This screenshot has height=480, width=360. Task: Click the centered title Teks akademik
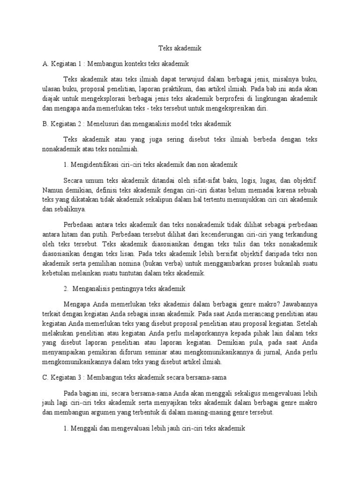180,48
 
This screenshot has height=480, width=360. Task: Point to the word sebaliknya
67,210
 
